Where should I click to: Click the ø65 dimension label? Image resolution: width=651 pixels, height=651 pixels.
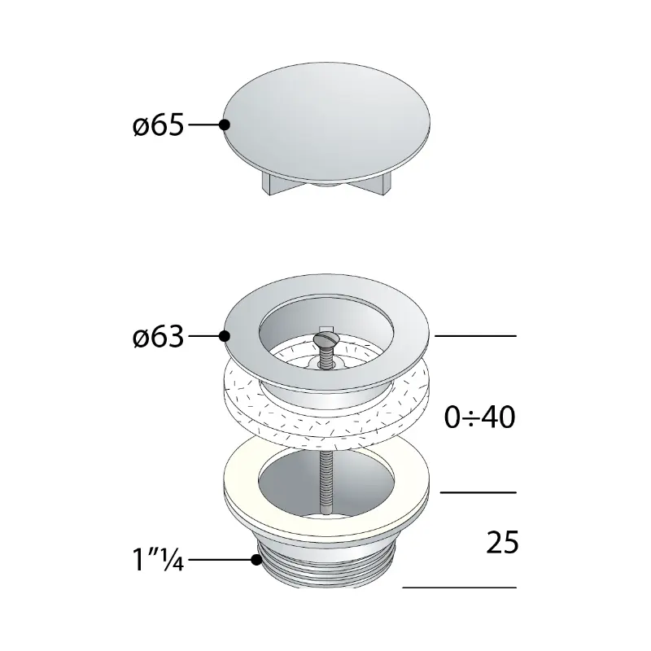coord(158,125)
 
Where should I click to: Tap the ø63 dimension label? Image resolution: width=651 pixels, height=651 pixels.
coord(158,336)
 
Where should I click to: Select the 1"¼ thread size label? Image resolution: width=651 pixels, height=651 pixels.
coord(158,560)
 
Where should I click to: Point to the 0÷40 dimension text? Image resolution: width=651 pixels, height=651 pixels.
coord(479,417)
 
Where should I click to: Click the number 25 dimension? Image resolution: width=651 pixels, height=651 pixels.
coord(502,542)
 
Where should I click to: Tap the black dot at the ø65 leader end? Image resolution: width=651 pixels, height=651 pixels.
coord(225,125)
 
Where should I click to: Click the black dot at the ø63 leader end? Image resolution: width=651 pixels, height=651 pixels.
coord(225,336)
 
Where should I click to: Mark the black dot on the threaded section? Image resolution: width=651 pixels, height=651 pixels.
coord(256,560)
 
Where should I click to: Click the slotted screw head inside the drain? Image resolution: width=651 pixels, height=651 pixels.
coord(327,339)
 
